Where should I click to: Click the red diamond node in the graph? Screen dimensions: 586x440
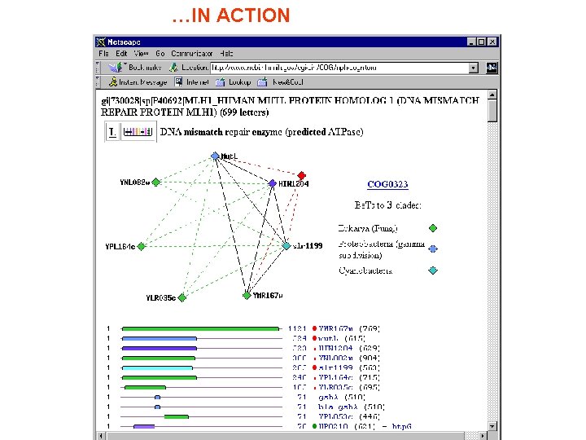click(x=301, y=175)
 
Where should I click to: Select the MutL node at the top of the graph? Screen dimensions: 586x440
click(x=215, y=155)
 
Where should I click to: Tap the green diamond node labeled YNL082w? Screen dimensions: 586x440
click(x=155, y=183)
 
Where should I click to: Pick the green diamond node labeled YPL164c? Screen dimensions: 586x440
click(x=142, y=245)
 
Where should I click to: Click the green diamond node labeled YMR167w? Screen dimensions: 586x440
click(x=247, y=296)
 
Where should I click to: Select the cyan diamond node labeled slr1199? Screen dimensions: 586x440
click(x=286, y=245)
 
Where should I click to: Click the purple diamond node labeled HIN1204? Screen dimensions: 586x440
click(x=273, y=184)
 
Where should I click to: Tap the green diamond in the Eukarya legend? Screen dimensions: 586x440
click(x=432, y=229)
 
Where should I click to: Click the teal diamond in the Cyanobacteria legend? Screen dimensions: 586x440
click(x=432, y=271)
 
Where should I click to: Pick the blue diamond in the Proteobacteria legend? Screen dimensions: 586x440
click(x=432, y=249)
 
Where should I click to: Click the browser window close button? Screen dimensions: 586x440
click(x=492, y=42)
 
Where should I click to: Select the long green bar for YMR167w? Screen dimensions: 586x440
click(x=200, y=329)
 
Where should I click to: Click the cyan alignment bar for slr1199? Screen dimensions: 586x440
click(x=157, y=367)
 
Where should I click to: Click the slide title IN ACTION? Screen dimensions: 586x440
click(x=231, y=15)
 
